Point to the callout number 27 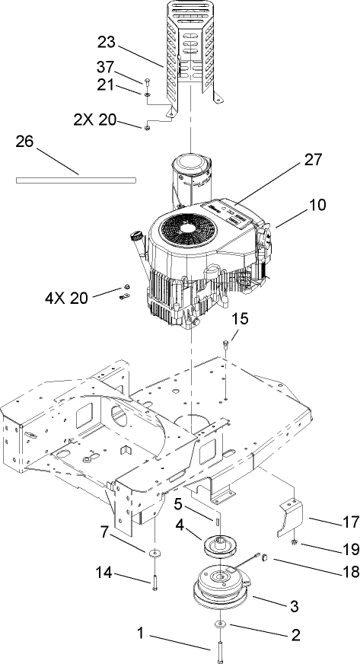pos(292,160)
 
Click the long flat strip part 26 pos(76,180)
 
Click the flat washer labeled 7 pos(155,552)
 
